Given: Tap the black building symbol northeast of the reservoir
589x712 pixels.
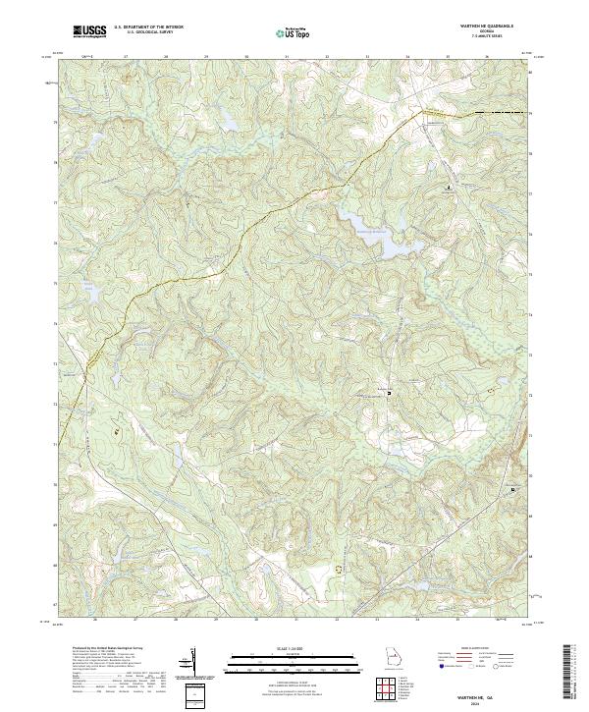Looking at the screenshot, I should (x=451, y=186).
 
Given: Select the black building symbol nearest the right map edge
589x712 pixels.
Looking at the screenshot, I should (x=511, y=488).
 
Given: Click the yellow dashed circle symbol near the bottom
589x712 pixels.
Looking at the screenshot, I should (x=341, y=568).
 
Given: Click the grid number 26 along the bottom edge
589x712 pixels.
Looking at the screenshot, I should (x=94, y=621).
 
